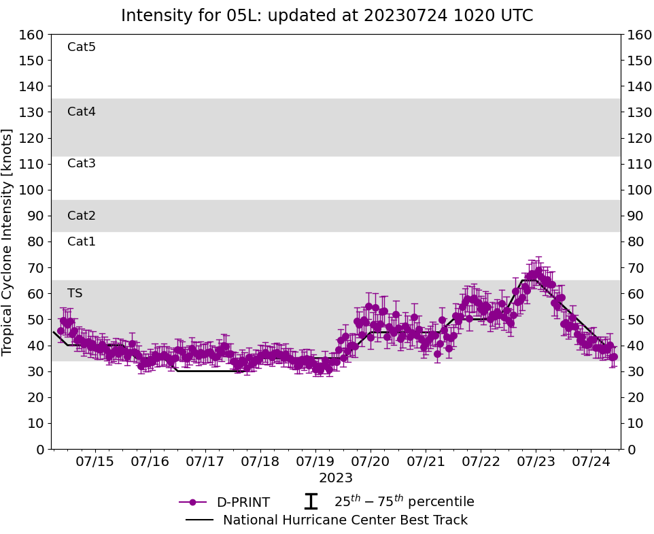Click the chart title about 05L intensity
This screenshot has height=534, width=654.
(x=326, y=16)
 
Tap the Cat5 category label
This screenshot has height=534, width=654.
(x=82, y=48)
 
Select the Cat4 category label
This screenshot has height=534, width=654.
(x=82, y=112)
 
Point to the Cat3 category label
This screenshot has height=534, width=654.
(x=82, y=164)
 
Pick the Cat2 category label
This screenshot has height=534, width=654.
(x=82, y=216)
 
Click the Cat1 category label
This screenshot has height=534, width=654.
(x=82, y=242)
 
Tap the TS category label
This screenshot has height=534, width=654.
(x=75, y=294)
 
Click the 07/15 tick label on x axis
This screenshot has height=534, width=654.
(x=94, y=461)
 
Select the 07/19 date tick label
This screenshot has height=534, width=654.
(x=315, y=461)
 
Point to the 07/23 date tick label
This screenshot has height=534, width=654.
(x=536, y=461)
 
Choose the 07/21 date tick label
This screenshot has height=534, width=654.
(x=426, y=461)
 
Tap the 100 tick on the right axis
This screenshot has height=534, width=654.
(x=638, y=190)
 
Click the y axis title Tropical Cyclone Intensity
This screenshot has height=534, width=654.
(x=8, y=241)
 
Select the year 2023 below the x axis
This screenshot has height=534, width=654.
(x=336, y=478)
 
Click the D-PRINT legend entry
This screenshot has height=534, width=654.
(x=243, y=503)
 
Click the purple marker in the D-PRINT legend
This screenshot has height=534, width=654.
(x=192, y=503)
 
